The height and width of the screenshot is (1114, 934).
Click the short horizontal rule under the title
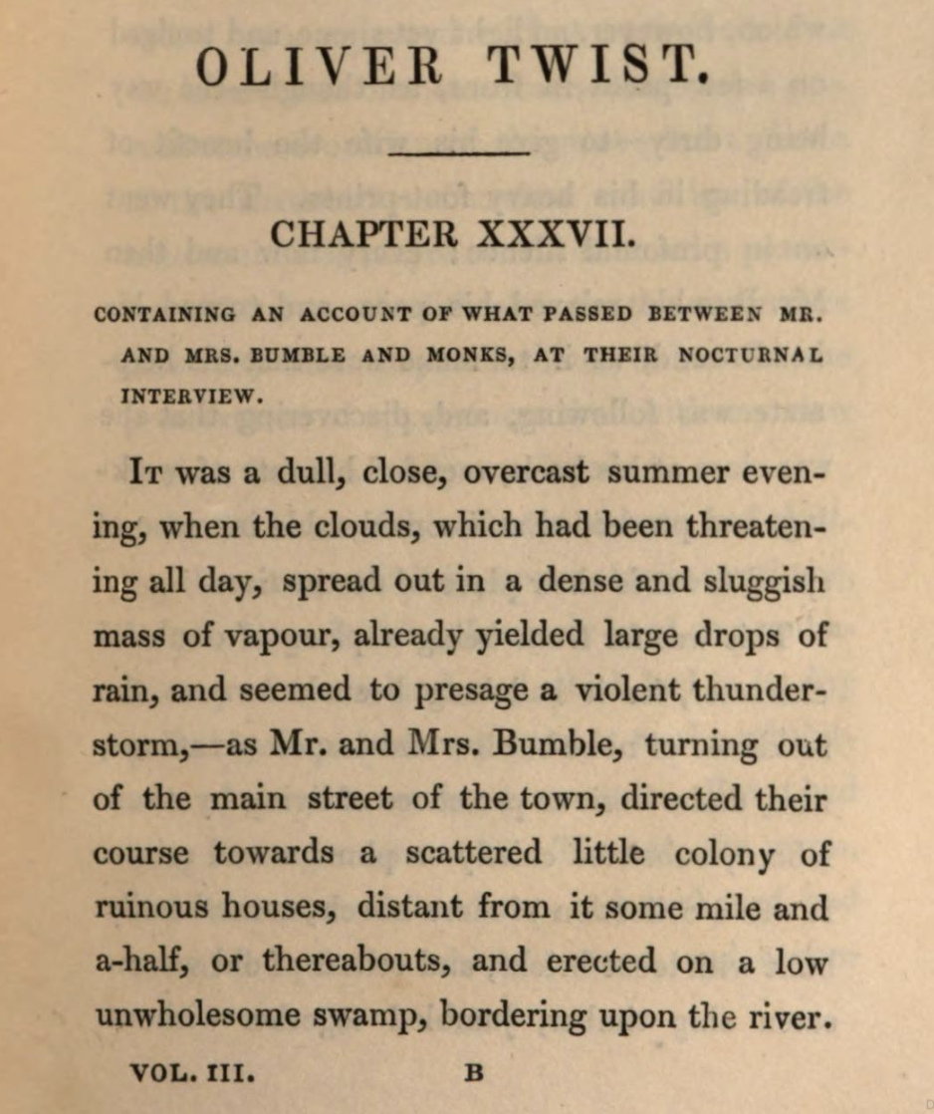click(x=459, y=153)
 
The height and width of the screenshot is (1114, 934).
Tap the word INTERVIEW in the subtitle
click(x=192, y=395)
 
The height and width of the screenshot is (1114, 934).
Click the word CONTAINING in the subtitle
click(x=165, y=315)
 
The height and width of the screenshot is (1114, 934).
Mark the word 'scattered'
click(x=473, y=854)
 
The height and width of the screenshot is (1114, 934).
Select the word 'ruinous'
click(x=151, y=908)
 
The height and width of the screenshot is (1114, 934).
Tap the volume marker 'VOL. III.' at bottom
click(x=193, y=1074)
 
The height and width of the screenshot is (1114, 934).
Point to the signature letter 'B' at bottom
click(x=474, y=1074)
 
